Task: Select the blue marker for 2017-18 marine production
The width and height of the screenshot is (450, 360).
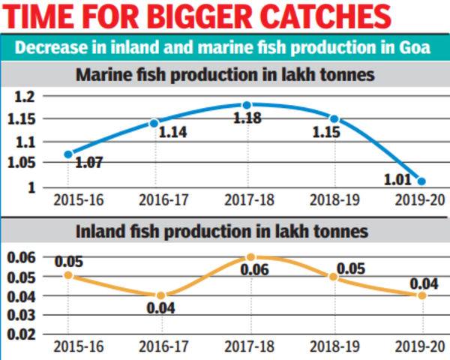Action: pos(246,105)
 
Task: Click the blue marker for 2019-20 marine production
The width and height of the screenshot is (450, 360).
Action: pos(422,181)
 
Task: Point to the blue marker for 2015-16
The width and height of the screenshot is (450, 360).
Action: pos(69,154)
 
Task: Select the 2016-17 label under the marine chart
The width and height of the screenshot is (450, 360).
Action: pos(157,199)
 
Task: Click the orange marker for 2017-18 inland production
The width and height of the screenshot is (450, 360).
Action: pos(251,257)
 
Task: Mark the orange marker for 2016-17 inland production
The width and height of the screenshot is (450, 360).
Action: pos(160,295)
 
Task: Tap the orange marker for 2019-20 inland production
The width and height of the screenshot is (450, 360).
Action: pos(422,295)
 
